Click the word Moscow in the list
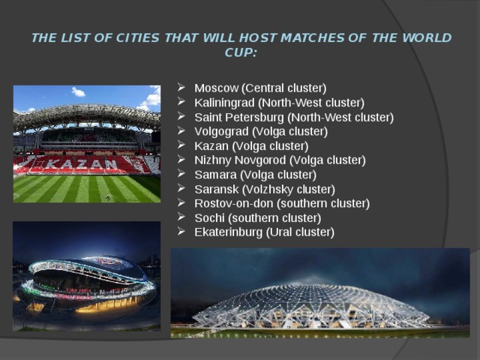[x=216, y=88]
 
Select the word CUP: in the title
[x=241, y=52]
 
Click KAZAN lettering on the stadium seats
[x=85, y=163]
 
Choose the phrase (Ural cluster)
[x=301, y=232]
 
